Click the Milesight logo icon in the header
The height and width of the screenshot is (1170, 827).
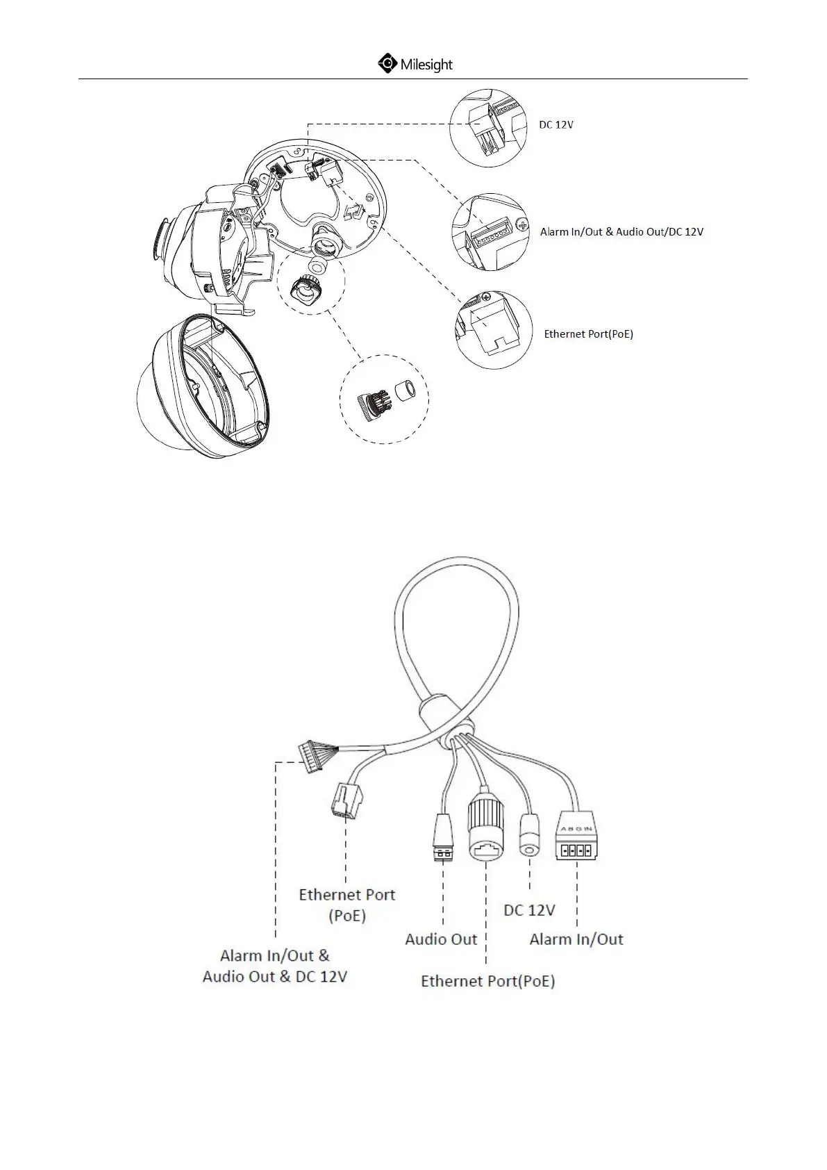point(387,64)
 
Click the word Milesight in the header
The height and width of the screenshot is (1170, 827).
point(426,65)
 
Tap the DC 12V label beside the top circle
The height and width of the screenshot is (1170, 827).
point(556,125)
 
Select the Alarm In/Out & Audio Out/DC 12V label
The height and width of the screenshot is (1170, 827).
point(621,232)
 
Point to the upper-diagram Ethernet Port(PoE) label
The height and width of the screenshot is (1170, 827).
point(588,334)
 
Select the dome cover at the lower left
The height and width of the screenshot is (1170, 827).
point(201,389)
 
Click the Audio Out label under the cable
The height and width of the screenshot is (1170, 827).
point(441,939)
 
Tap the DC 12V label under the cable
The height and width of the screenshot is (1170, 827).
point(529,910)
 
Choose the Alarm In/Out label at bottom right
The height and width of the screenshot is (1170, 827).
point(576,939)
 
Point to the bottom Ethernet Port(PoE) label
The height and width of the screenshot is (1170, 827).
point(488,981)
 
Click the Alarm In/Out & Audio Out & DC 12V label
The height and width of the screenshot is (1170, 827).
point(275,966)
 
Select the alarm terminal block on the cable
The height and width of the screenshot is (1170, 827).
point(576,842)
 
